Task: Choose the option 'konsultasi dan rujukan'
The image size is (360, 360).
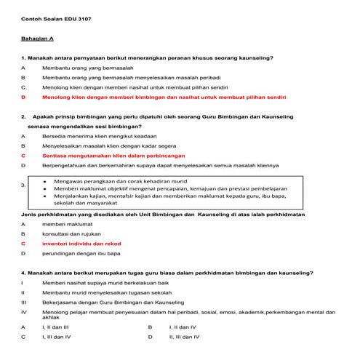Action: [x=71, y=234]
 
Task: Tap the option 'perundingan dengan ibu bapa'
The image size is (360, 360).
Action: [x=81, y=254]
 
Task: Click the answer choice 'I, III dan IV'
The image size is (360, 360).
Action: [x=56, y=337]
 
